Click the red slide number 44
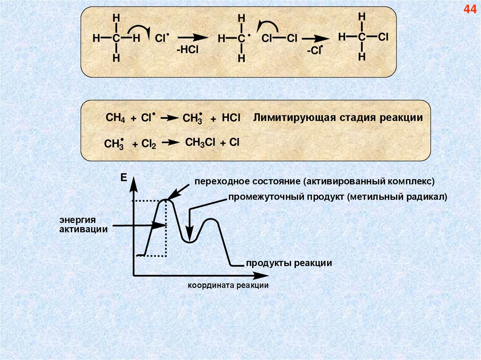tap(470, 10)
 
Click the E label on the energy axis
tap(124, 177)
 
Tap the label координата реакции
tap(228, 285)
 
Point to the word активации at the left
tap(84, 229)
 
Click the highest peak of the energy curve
tap(165, 200)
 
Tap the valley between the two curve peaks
tap(189, 241)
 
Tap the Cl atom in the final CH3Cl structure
tap(382, 37)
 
